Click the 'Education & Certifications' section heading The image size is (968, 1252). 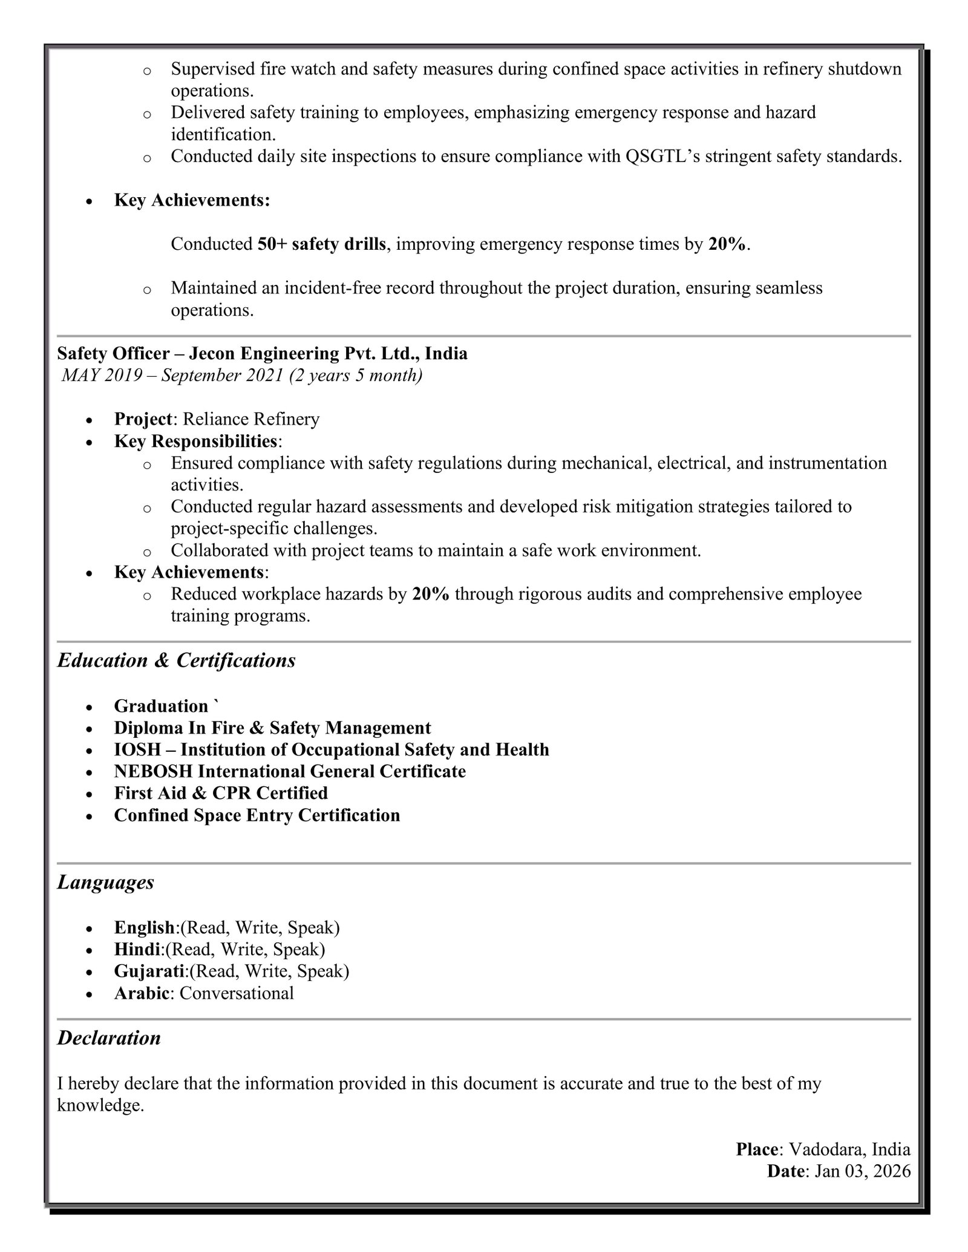pyautogui.click(x=176, y=660)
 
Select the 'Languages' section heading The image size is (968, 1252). pyautogui.click(x=106, y=882)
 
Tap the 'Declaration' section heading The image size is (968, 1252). pyautogui.click(x=109, y=1038)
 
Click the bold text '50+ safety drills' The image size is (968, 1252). pyautogui.click(x=321, y=244)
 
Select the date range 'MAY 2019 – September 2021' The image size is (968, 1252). pyautogui.click(x=173, y=376)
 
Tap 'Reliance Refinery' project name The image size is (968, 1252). pyautogui.click(x=251, y=419)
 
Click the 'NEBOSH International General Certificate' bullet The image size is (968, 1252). pyautogui.click(x=290, y=772)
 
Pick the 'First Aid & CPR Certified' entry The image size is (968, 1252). pyautogui.click(x=221, y=794)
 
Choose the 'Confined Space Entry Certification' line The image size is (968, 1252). pyautogui.click(x=257, y=815)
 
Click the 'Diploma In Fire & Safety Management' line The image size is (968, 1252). pyautogui.click(x=272, y=728)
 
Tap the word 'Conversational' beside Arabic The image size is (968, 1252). pyautogui.click(x=237, y=993)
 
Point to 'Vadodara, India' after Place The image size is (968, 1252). pyautogui.click(x=849, y=1149)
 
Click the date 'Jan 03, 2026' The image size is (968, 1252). pyautogui.click(x=862, y=1172)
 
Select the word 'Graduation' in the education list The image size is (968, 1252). pyautogui.click(x=161, y=706)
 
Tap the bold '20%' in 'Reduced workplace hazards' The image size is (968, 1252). pyautogui.click(x=431, y=595)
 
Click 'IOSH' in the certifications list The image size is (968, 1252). pyautogui.click(x=137, y=750)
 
